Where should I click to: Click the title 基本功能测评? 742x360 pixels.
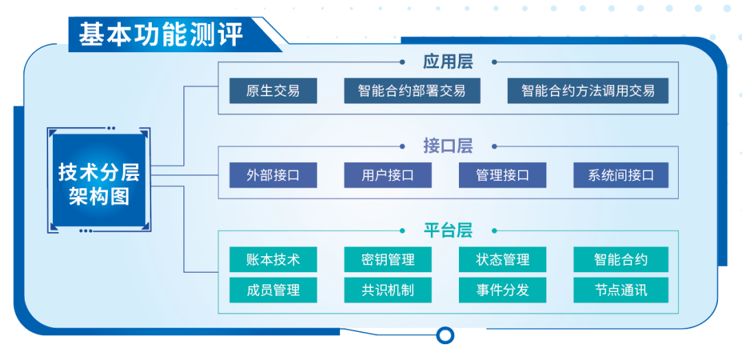click(x=161, y=35)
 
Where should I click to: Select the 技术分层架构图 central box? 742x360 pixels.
click(x=99, y=180)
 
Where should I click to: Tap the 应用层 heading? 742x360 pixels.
click(x=448, y=62)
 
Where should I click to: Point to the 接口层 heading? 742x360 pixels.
click(x=448, y=146)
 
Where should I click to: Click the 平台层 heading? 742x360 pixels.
click(x=448, y=231)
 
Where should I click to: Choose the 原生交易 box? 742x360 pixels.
click(x=273, y=91)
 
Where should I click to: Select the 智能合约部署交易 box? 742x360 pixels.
click(x=412, y=91)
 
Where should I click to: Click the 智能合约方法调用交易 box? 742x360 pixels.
click(x=587, y=91)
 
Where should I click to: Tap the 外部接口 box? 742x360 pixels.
click(x=273, y=175)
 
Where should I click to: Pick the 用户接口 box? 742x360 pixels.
click(x=387, y=175)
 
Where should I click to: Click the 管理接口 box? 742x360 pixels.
click(x=502, y=175)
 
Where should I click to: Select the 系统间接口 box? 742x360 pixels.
click(x=621, y=175)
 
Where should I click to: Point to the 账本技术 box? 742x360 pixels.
click(x=273, y=259)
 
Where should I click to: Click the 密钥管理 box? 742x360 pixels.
click(x=387, y=259)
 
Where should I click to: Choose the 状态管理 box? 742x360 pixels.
click(x=502, y=259)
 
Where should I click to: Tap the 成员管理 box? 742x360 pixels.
click(x=273, y=290)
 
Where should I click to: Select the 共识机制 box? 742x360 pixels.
click(x=387, y=290)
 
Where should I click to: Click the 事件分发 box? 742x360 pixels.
click(x=502, y=290)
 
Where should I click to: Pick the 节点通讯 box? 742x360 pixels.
click(x=621, y=290)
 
